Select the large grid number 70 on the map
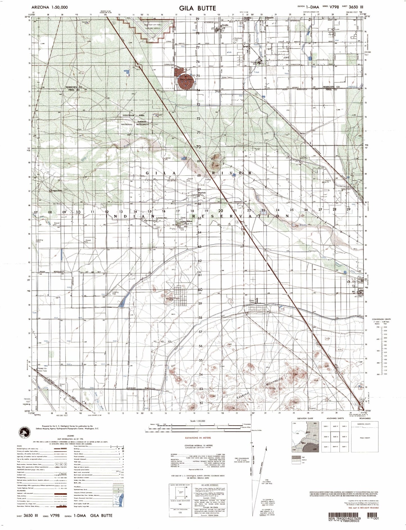click(x=198, y=147)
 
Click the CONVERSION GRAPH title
click(x=381, y=319)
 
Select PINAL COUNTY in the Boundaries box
click(x=365, y=446)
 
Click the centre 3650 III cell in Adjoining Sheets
click(x=334, y=437)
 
